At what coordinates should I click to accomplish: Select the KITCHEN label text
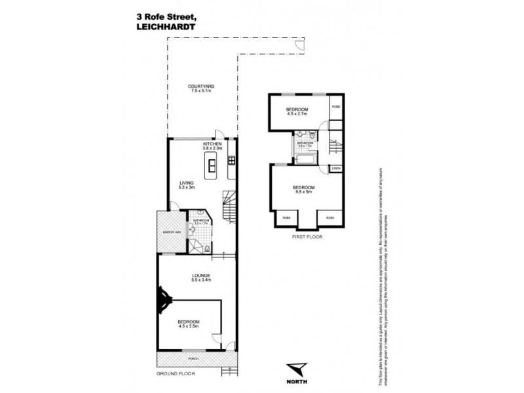pos(213,143)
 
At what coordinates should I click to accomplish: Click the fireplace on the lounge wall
pos(161,302)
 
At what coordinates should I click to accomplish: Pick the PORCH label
pos(193,359)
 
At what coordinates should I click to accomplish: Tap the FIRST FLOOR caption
pos(307,236)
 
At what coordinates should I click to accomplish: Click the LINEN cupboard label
pos(336,169)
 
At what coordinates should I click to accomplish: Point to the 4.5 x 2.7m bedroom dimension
pos(298,113)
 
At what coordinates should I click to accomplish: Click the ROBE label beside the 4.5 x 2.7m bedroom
pos(335,106)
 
